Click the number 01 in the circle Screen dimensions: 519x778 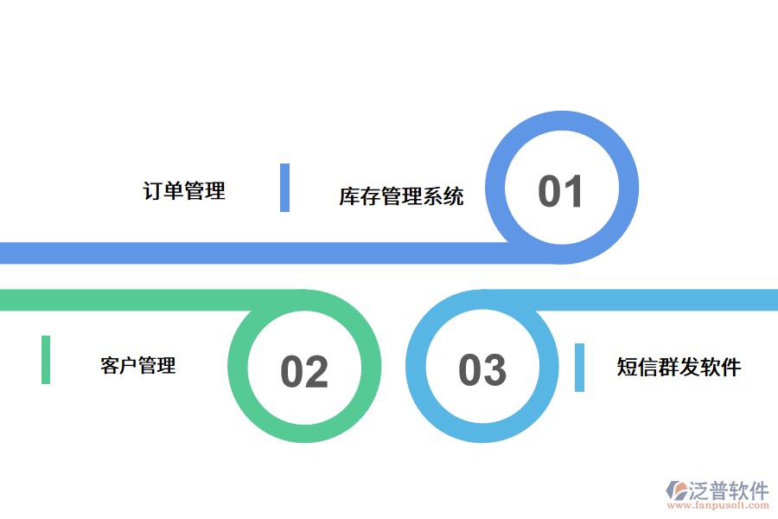[561, 191]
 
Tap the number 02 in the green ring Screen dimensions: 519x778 [304, 372]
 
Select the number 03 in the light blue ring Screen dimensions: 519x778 [481, 370]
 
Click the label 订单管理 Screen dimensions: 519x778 [184, 190]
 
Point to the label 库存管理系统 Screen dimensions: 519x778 [401, 195]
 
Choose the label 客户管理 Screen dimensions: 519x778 [138, 365]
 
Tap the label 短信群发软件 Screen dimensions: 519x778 [679, 367]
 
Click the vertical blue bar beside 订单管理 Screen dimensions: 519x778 [284, 188]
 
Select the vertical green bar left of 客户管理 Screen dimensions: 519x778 [46, 360]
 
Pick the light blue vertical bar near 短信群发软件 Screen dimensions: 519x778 [579, 368]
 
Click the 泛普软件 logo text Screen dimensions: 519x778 [728, 491]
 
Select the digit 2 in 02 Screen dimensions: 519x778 [317, 372]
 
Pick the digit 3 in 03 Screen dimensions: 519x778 [494, 370]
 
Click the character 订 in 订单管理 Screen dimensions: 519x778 [153, 190]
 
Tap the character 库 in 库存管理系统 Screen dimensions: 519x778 [349, 195]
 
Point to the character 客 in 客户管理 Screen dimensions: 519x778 [110, 365]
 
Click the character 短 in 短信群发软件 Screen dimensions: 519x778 [627, 367]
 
